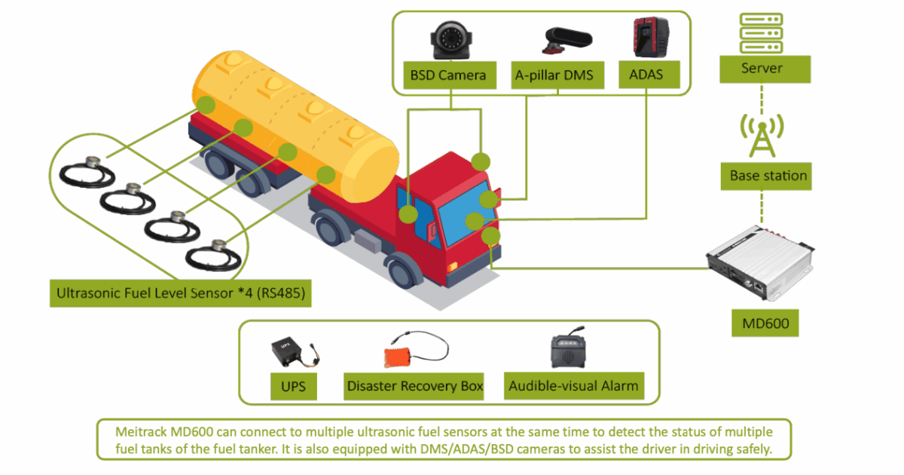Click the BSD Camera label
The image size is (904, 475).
(448, 75)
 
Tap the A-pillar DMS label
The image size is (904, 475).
(554, 75)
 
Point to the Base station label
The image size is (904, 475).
(764, 176)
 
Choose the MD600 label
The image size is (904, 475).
(765, 325)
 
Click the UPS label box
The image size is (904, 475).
(293, 386)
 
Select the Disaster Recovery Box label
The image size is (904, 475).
(414, 386)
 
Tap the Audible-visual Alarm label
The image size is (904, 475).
(573, 386)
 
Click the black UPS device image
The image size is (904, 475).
(287, 351)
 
